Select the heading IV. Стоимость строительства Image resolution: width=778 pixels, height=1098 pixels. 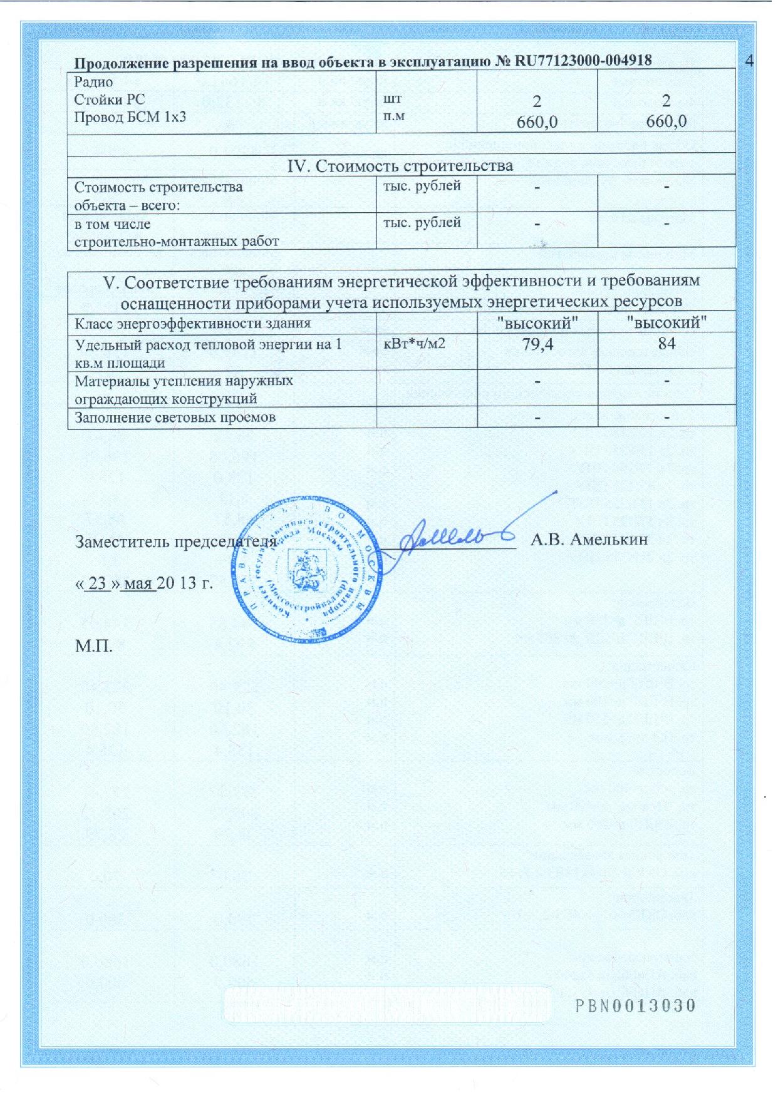pyautogui.click(x=400, y=166)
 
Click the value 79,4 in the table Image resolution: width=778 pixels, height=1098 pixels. pyautogui.click(x=537, y=344)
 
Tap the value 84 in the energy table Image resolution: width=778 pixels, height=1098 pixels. pyautogui.click(x=666, y=344)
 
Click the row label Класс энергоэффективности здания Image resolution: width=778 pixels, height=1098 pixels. pyautogui.click(x=193, y=324)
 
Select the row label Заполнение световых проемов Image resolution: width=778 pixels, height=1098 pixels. pyautogui.click(x=175, y=417)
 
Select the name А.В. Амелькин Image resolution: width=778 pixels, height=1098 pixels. pyautogui.click(x=589, y=539)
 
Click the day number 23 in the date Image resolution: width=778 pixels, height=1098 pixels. pyautogui.click(x=97, y=583)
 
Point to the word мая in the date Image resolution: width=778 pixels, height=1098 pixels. pyautogui.click(x=138, y=583)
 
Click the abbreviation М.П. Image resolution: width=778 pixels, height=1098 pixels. pyautogui.click(x=94, y=646)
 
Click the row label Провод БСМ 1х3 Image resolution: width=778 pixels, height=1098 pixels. pyautogui.click(x=130, y=117)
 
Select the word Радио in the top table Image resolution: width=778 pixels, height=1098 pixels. pyautogui.click(x=93, y=81)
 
